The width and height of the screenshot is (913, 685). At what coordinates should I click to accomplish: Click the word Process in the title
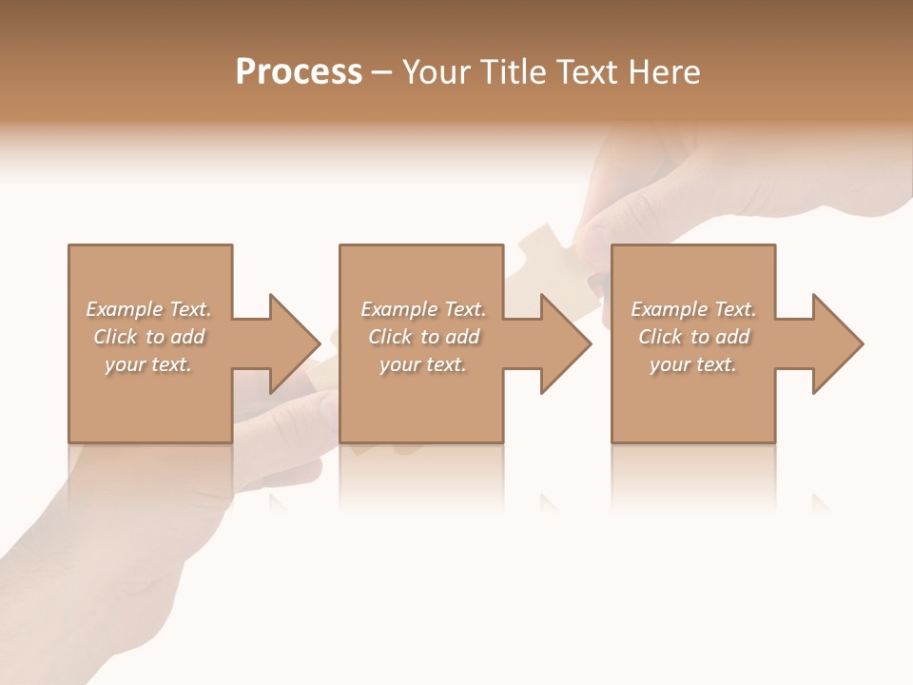pos(299,72)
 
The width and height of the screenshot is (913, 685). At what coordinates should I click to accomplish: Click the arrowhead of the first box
pos(294,343)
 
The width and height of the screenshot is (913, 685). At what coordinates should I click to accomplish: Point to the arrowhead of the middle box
pos(566,343)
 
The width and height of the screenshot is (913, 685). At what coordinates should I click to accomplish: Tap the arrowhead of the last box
pos(838,343)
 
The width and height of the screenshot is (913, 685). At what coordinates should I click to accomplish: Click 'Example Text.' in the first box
pos(148,309)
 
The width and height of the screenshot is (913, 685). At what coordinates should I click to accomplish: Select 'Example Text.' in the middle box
pos(423,309)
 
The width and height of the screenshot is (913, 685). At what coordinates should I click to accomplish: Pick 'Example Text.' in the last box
pos(693,309)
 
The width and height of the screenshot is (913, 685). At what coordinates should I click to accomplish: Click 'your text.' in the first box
pos(148,364)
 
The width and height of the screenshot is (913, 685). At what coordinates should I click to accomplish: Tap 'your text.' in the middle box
pos(423,364)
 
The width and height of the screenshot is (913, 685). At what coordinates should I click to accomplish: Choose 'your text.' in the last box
pos(693,364)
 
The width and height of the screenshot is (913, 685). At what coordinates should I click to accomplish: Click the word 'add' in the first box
pos(188,337)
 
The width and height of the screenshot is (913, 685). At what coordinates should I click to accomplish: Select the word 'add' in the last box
pos(733,337)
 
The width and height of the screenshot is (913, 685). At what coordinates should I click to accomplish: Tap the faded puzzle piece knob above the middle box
pos(540,235)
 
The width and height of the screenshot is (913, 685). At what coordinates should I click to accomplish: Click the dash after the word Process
pos(382,73)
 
